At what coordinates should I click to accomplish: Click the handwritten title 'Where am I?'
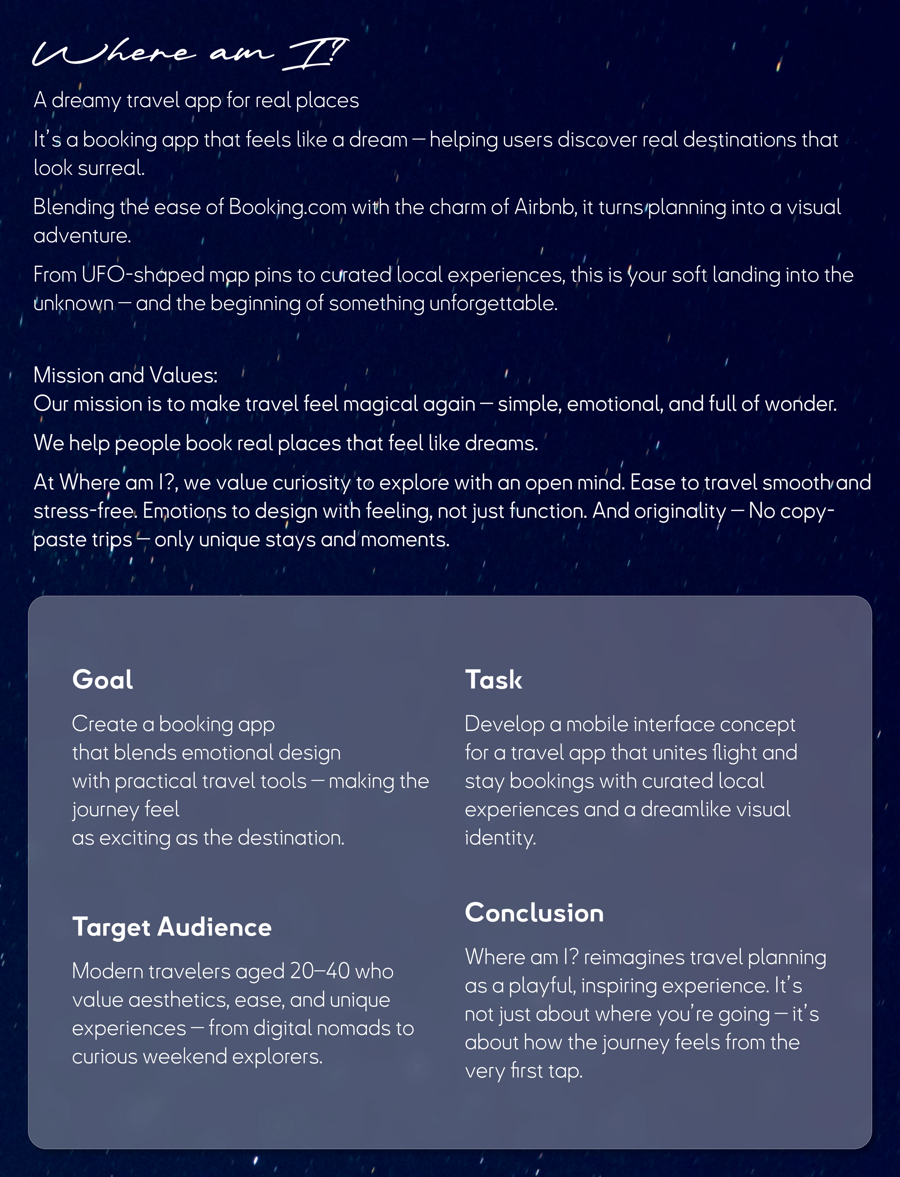pos(190,53)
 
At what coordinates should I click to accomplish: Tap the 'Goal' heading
pos(102,680)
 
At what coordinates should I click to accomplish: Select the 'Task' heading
pos(493,680)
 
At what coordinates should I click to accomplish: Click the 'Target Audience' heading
pos(172,927)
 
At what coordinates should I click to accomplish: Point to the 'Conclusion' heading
pos(534,913)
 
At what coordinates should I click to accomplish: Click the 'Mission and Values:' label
pos(125,375)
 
